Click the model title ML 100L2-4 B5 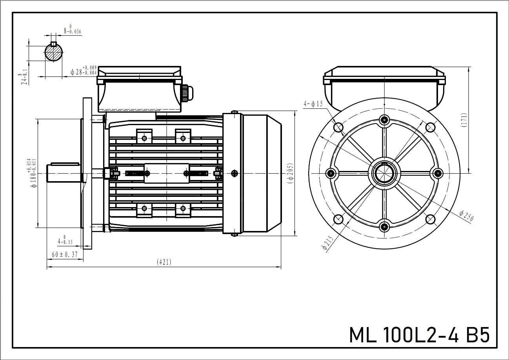(x=419, y=335)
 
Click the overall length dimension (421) (x=164, y=262)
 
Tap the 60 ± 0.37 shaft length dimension (x=65, y=255)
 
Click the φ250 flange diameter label (x=467, y=215)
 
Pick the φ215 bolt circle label (x=327, y=243)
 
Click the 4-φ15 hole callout (x=313, y=104)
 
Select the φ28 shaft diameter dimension (x=83, y=71)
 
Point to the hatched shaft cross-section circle (x=54, y=52)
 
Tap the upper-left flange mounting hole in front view (x=338, y=127)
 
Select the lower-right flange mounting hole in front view (x=430, y=219)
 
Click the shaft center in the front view (x=384, y=173)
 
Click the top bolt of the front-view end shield (x=384, y=120)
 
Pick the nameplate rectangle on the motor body (x=166, y=173)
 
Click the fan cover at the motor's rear (x=261, y=173)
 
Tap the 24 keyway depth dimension (x=25, y=79)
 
